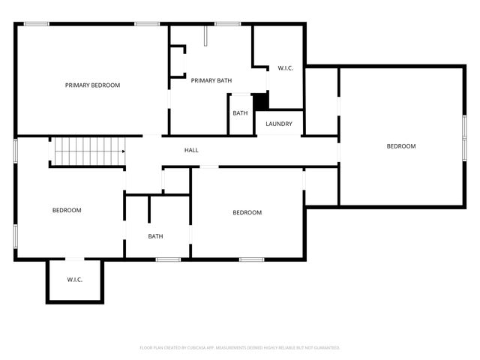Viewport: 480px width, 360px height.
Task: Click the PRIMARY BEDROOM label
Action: [x=92, y=85]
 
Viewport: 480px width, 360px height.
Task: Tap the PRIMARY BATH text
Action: [x=211, y=81]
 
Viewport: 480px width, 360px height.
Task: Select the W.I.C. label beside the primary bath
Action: [x=285, y=68]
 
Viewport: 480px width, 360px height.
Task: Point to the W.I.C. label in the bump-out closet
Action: [x=74, y=280]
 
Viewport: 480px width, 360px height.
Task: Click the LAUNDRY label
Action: [x=279, y=124]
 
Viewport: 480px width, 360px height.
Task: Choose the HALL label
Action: [x=191, y=151]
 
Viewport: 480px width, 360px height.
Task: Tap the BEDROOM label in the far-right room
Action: [x=400, y=146]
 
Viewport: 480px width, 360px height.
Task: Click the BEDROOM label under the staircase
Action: [x=67, y=211]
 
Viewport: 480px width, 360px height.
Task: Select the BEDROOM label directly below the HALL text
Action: [x=247, y=213]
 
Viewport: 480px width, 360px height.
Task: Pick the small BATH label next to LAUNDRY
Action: [x=240, y=113]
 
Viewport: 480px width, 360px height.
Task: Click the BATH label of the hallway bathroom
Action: [x=155, y=237]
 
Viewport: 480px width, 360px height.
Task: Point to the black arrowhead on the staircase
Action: [x=123, y=151]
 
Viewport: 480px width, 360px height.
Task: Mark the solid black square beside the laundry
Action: [x=260, y=101]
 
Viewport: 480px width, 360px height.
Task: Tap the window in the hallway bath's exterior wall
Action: [x=169, y=259]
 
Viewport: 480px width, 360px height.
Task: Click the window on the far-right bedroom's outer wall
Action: [x=464, y=136]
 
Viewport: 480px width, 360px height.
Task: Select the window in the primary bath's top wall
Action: [x=228, y=25]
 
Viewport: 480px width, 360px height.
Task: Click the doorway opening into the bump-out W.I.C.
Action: [x=75, y=259]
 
